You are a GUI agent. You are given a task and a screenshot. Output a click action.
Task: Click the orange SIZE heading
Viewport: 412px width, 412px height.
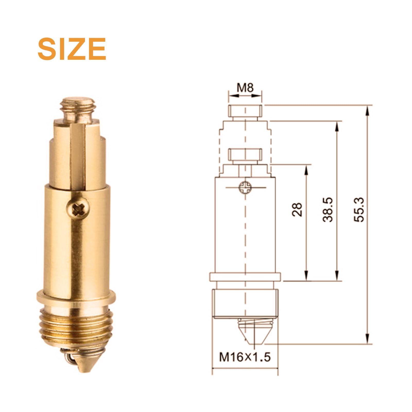point(72,49)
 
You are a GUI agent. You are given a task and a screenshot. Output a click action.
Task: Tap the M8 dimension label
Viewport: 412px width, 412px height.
point(245,88)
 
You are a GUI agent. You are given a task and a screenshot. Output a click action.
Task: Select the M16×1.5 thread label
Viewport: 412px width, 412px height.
point(245,357)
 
